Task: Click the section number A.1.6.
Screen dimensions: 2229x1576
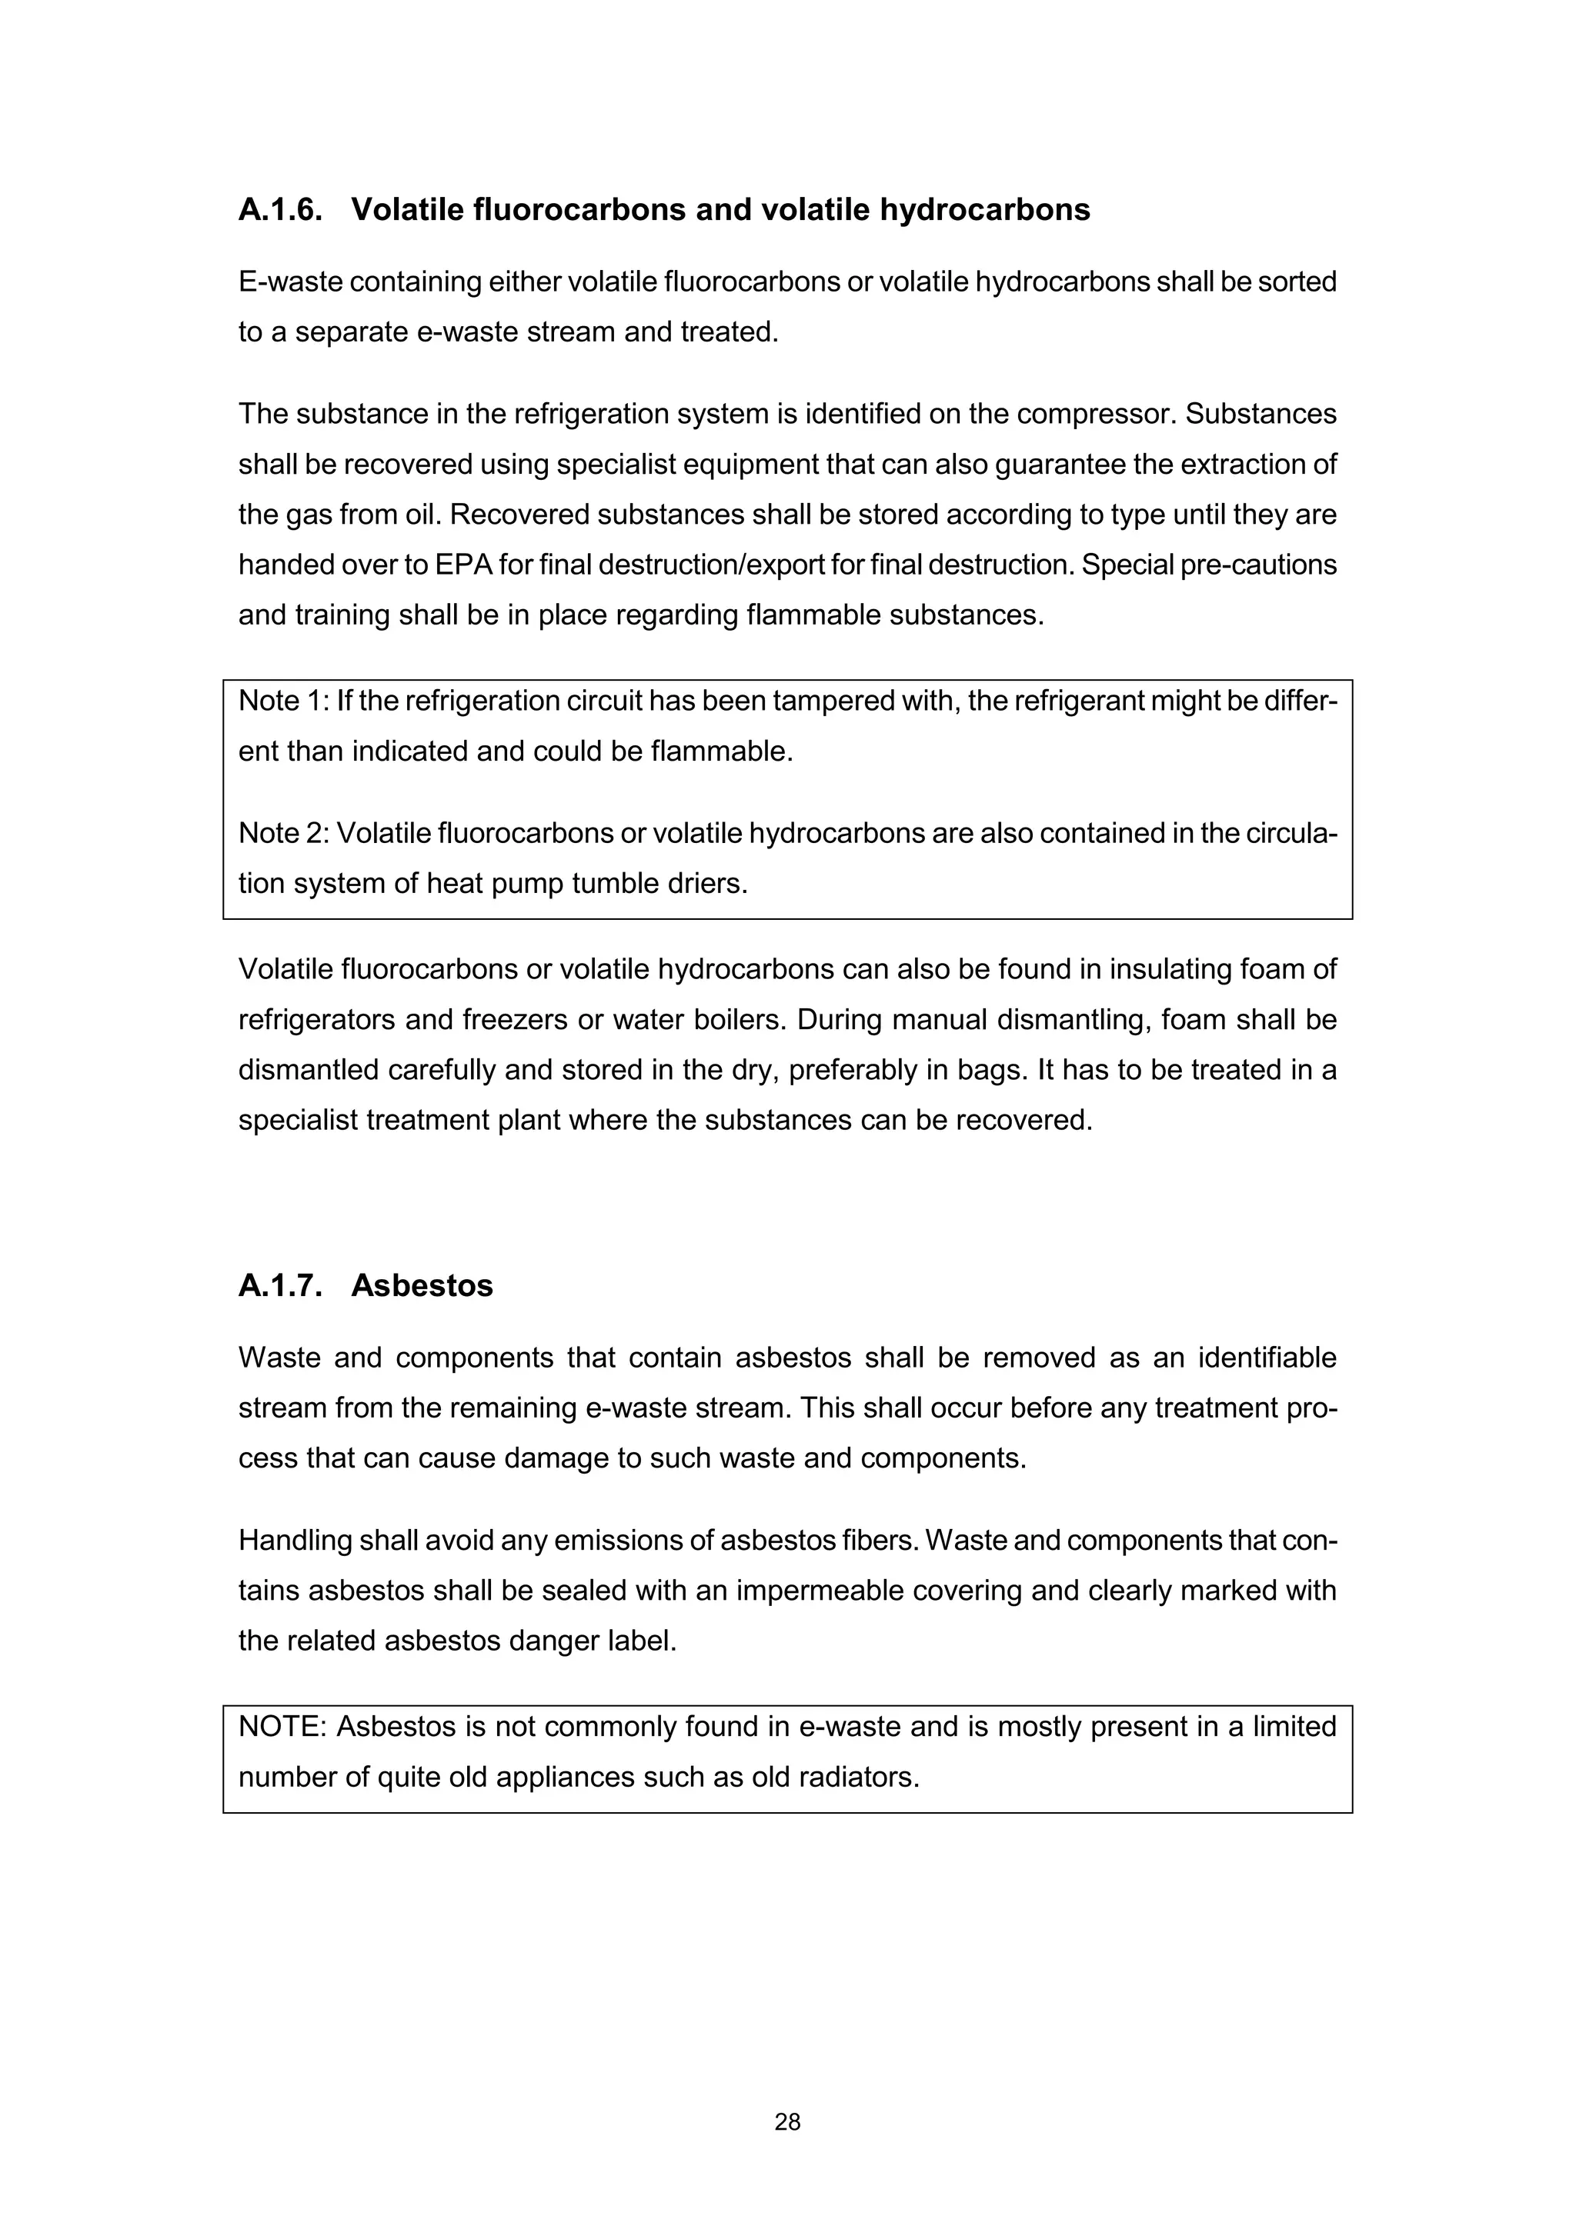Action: pyautogui.click(x=279, y=210)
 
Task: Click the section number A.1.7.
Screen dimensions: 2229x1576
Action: pyautogui.click(x=279, y=1285)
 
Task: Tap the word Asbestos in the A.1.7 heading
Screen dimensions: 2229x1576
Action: pyautogui.click(x=422, y=1285)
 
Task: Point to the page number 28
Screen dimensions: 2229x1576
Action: pyautogui.click(x=787, y=2122)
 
